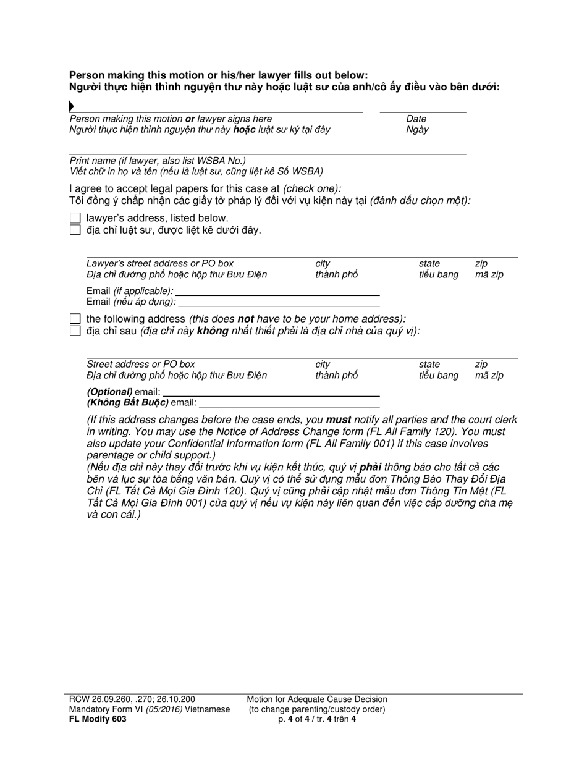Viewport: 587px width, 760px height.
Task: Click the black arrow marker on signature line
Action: click(72, 107)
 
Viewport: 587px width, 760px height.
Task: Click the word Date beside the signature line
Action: click(416, 119)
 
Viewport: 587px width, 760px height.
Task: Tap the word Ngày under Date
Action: click(417, 130)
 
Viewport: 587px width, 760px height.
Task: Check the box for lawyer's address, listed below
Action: click(75, 218)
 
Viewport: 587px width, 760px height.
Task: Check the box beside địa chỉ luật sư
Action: click(75, 230)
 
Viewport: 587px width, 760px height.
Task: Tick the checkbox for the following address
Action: click(75, 319)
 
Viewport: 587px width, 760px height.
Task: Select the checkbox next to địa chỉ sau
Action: click(75, 331)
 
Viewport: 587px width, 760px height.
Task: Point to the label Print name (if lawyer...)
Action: click(158, 161)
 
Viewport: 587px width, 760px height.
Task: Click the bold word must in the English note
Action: click(339, 420)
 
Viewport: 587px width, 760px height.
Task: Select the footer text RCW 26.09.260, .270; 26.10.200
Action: click(132, 699)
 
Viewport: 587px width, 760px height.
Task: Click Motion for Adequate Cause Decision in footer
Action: click(317, 699)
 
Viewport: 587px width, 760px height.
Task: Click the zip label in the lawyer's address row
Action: click(481, 264)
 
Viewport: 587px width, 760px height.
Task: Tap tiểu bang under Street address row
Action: click(438, 375)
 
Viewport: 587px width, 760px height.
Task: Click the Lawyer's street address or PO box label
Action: click(160, 264)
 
